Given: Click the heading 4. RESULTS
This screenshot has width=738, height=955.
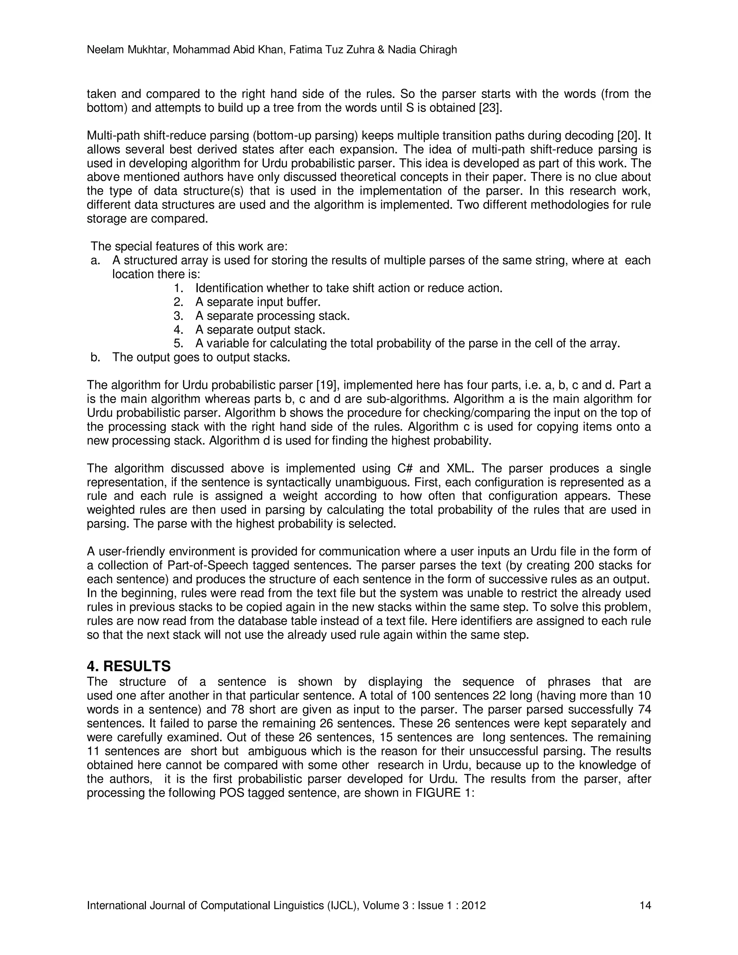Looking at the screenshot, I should coord(129,666).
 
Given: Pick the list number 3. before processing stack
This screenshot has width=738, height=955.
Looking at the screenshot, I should coord(178,316).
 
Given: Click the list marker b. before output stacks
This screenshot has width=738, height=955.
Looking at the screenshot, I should coord(95,357).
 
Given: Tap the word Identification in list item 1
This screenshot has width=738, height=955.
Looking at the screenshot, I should coord(229,288).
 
